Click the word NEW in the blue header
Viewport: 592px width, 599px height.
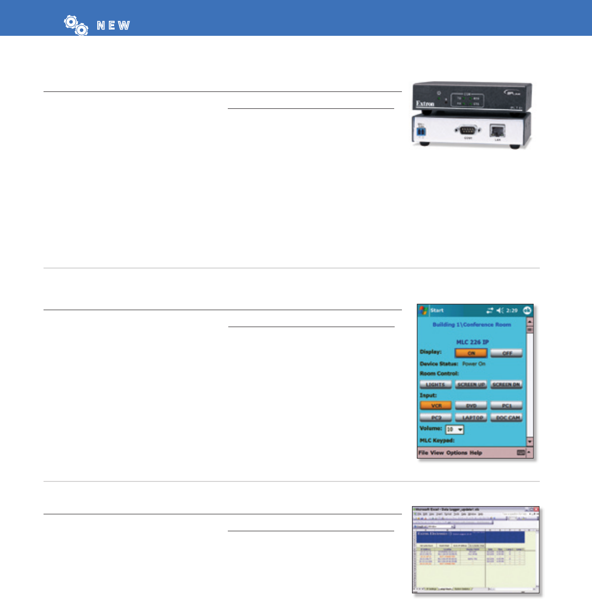click(113, 26)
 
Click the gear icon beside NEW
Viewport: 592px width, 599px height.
click(76, 25)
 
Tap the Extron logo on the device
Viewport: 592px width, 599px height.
click(425, 104)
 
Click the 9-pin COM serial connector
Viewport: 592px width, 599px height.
click(468, 130)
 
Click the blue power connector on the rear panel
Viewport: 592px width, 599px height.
click(420, 133)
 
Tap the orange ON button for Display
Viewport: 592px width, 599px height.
click(471, 353)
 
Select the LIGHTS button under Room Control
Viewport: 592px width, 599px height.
click(435, 385)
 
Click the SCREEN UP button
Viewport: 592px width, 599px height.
click(471, 385)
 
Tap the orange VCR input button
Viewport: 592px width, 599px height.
click(436, 405)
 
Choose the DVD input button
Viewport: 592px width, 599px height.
click(471, 405)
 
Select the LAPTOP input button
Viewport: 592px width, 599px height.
click(471, 418)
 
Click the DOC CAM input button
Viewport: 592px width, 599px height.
click(507, 418)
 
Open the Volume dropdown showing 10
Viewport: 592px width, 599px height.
click(455, 429)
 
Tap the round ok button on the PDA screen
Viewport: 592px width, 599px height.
click(527, 310)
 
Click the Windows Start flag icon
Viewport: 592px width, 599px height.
click(424, 310)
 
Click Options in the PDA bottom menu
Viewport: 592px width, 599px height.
click(457, 453)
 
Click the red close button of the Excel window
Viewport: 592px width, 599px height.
click(536, 509)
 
